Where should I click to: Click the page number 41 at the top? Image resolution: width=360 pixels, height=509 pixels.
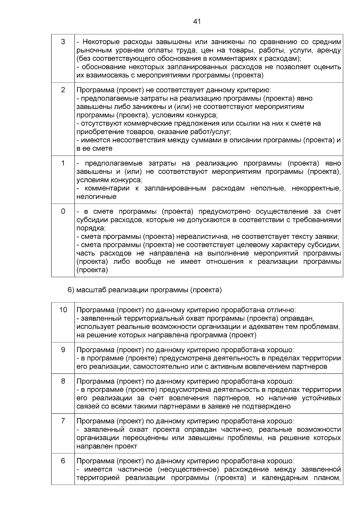pyautogui.click(x=196, y=22)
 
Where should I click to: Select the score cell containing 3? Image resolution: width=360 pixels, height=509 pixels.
pyautogui.click(x=63, y=42)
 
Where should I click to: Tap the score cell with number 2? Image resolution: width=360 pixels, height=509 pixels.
pyautogui.click(x=63, y=90)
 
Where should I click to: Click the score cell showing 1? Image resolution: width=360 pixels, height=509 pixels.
pyautogui.click(x=63, y=163)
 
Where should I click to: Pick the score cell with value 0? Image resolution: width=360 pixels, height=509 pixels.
pyautogui.click(x=63, y=211)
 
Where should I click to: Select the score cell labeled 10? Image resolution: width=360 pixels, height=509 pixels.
pyautogui.click(x=63, y=310)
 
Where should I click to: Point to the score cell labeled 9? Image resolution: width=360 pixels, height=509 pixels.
pyautogui.click(x=63, y=350)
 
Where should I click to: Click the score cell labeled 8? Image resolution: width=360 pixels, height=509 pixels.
pyautogui.click(x=63, y=381)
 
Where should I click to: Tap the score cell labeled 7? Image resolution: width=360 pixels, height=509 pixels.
pyautogui.click(x=63, y=421)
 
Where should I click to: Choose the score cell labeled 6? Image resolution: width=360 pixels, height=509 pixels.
pyautogui.click(x=63, y=461)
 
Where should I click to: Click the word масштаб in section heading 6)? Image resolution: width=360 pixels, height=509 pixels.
pyautogui.click(x=91, y=290)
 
